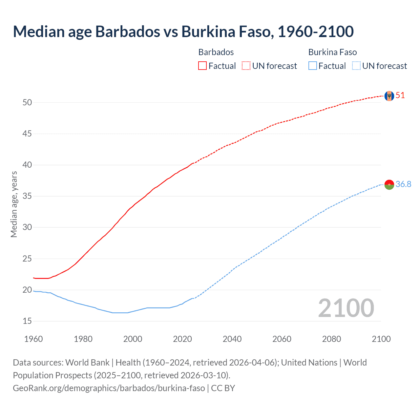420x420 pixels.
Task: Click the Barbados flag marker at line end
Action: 389,96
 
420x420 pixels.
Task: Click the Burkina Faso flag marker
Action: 389,185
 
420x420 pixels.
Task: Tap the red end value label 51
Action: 400,95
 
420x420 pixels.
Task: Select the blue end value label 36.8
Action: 403,184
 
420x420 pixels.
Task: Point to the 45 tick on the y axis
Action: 27,134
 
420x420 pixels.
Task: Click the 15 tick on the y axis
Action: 27,321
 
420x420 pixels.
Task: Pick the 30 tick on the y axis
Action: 27,227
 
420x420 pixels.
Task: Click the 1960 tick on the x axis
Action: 33,339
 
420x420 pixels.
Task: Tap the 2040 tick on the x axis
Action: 232,339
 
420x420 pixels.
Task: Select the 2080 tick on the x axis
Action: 331,339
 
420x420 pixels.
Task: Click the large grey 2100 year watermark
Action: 346,308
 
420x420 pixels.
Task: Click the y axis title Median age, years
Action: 14,204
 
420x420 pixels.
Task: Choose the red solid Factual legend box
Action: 202,66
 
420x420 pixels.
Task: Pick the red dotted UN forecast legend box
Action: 246,66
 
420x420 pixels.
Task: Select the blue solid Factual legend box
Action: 312,66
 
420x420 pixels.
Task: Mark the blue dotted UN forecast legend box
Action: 356,66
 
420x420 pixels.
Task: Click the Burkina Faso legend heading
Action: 332,52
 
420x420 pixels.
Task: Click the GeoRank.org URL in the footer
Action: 109,388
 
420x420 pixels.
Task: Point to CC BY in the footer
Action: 223,388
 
